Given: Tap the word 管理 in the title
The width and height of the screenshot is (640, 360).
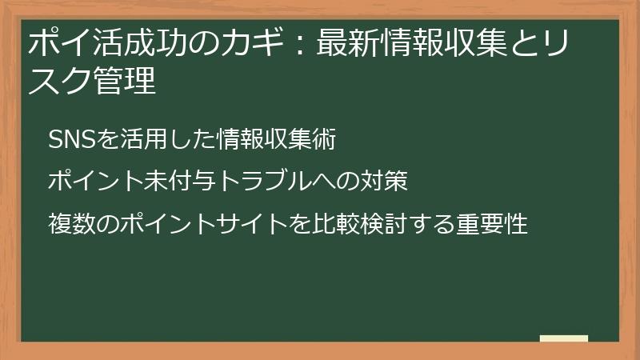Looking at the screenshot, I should [127, 82].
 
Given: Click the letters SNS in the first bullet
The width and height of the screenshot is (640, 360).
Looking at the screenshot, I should [71, 139].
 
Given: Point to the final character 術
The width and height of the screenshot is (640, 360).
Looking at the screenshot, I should [323, 139].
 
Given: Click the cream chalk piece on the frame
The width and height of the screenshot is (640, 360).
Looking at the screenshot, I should [563, 339].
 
